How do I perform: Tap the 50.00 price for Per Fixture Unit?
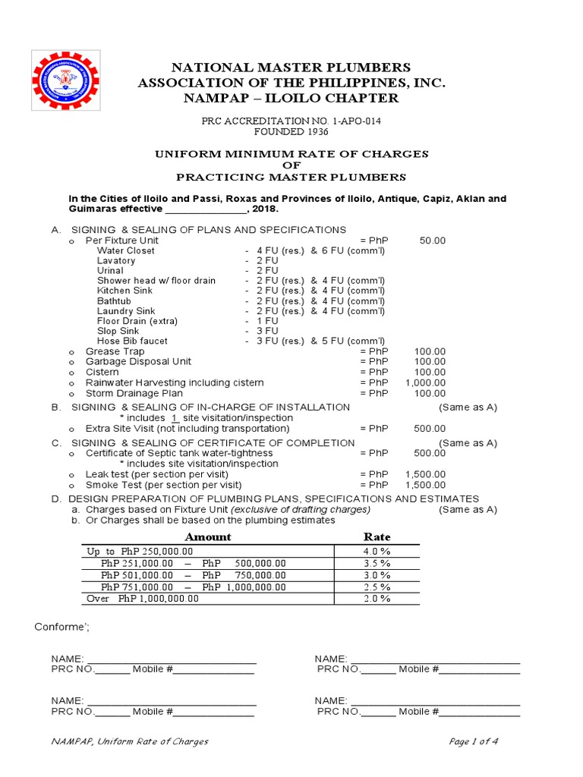(432, 241)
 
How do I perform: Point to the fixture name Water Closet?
(125, 250)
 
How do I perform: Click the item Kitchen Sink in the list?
(124, 291)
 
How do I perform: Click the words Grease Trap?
(115, 352)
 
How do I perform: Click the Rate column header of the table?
(377, 536)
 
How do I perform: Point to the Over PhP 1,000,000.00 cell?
(143, 599)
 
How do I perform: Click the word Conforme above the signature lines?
(62, 627)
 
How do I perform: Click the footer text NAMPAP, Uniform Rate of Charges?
(130, 741)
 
